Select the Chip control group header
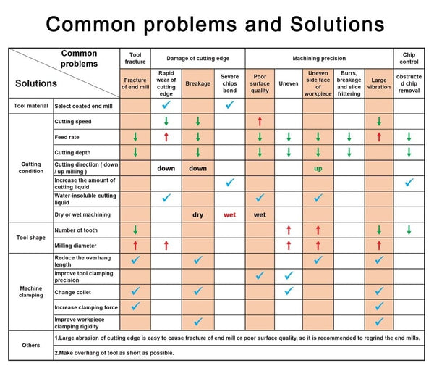409,57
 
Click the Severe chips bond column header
229,83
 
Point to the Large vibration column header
378,83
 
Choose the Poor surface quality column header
260,83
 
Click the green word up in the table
318,168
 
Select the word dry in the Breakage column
197,214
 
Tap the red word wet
229,214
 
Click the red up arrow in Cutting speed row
260,121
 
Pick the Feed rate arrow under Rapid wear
166,136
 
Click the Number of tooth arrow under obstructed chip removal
409,230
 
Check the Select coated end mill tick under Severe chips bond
229,105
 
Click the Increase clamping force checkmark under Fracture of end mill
135,307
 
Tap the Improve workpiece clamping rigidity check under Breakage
197,322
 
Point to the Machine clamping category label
30,291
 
